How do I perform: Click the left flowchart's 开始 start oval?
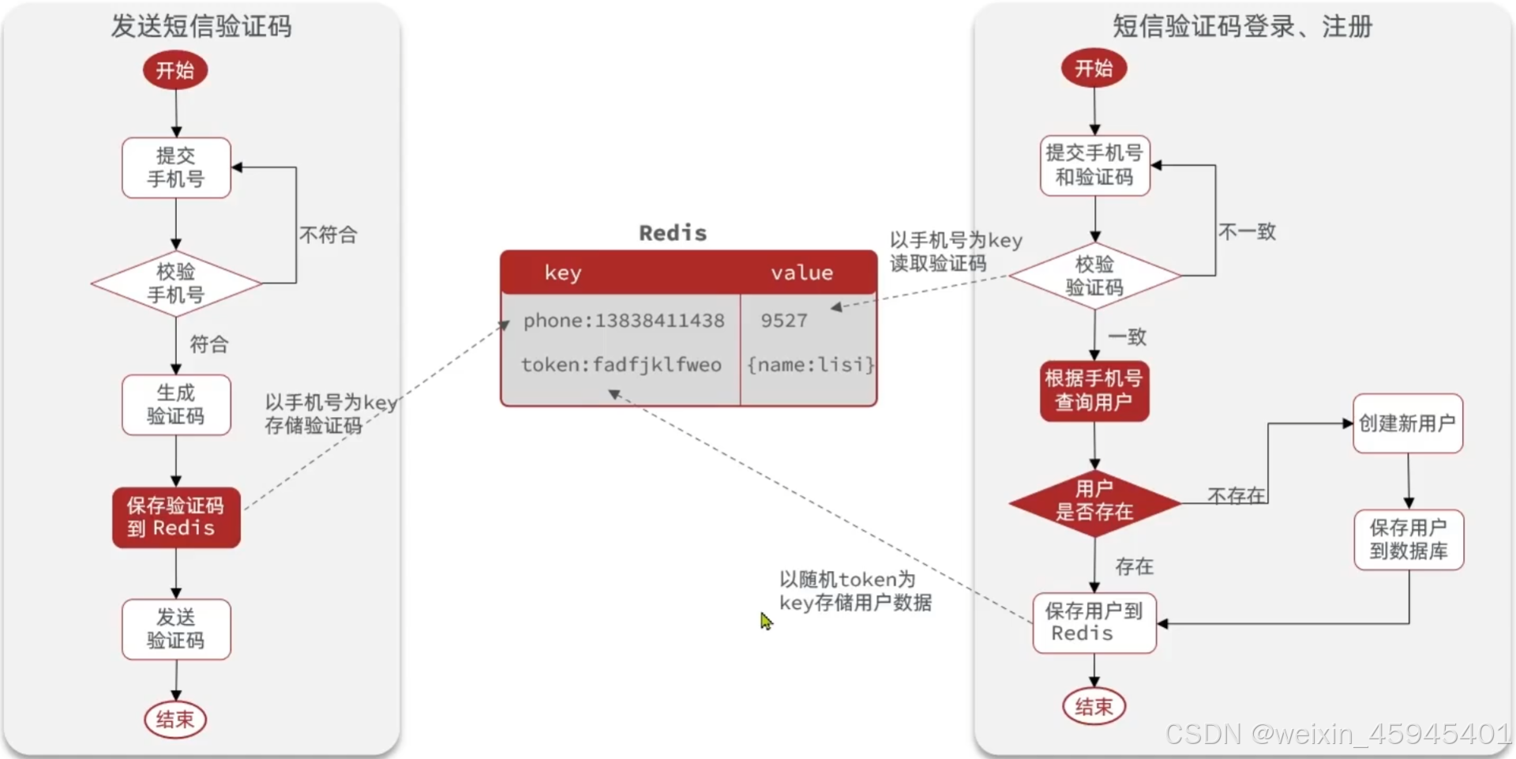[x=174, y=70]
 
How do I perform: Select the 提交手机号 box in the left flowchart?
[x=176, y=167]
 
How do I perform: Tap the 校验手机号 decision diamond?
[x=176, y=284]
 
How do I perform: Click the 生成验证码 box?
[x=176, y=404]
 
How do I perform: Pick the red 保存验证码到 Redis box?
[x=176, y=517]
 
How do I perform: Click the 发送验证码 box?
[x=176, y=629]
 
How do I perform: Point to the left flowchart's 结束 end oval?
[x=174, y=719]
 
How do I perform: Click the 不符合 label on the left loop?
[x=328, y=235]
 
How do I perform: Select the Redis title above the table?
[x=673, y=233]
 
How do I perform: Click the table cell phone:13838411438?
[x=623, y=321]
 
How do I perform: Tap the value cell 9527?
[x=784, y=321]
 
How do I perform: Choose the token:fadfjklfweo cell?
[x=621, y=365]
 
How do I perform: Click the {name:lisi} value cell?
[x=810, y=365]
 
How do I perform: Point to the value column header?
[x=801, y=273]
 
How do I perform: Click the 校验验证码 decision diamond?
[x=1094, y=276]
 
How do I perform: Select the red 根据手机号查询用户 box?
[x=1094, y=390]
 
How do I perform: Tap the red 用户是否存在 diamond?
[x=1094, y=501]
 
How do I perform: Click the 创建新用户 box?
[x=1407, y=423]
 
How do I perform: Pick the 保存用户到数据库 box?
[x=1409, y=539]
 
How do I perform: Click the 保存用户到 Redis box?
[x=1094, y=622]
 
